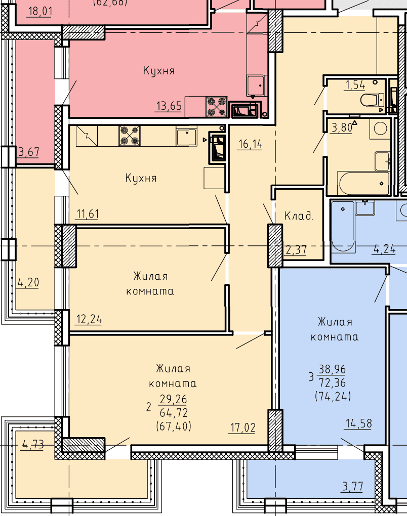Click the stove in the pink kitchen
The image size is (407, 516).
pyautogui.click(x=217, y=107)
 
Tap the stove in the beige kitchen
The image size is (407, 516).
pyautogui.click(x=130, y=136)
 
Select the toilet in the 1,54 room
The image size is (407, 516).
pyautogui.click(x=373, y=100)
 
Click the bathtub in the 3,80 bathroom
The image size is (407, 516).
pyautogui.click(x=363, y=183)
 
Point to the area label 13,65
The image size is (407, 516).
pyautogui.click(x=169, y=106)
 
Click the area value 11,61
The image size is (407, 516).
pyautogui.click(x=88, y=214)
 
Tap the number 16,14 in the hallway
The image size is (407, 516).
pyautogui.click(x=250, y=144)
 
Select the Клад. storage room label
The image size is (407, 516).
pyautogui.click(x=299, y=216)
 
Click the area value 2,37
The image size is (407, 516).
pyautogui.click(x=296, y=250)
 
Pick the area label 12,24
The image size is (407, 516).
pyautogui.click(x=89, y=319)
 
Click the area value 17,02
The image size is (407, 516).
pyautogui.click(x=242, y=428)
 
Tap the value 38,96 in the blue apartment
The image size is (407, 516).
pyautogui.click(x=332, y=369)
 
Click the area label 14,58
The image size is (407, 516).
pyautogui.click(x=358, y=423)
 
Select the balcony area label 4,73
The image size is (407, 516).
pyautogui.click(x=32, y=445)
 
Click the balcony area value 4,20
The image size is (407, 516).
pyautogui.click(x=28, y=282)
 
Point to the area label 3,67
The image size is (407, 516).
pyautogui.click(x=29, y=152)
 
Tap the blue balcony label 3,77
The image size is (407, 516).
pyautogui.click(x=353, y=486)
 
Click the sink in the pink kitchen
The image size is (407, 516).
pyautogui.click(x=256, y=85)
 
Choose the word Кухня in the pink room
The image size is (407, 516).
pyautogui.click(x=159, y=71)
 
